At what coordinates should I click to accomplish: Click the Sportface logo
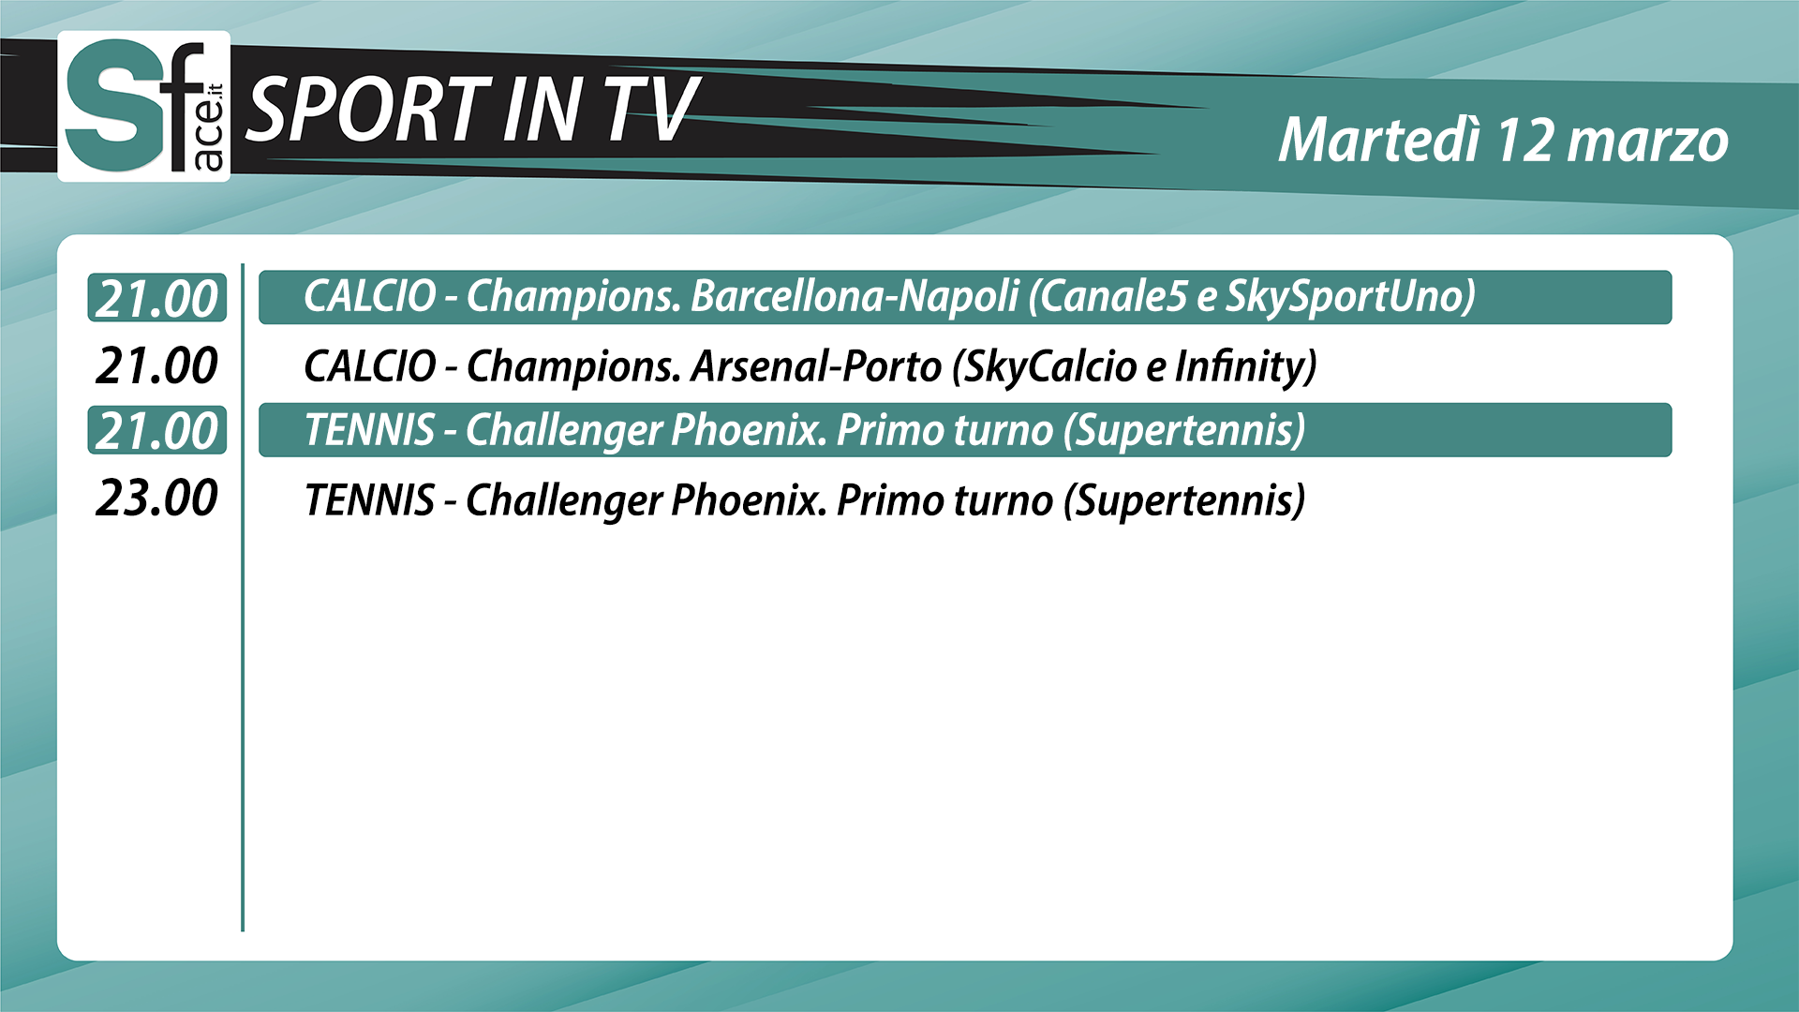(x=144, y=106)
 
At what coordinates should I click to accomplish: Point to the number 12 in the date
(x=1526, y=141)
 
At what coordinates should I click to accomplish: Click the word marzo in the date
(x=1648, y=142)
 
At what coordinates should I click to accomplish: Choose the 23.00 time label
(x=156, y=498)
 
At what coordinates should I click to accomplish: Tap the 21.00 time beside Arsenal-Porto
(x=156, y=365)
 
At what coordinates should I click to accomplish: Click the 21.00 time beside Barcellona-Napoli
(x=156, y=299)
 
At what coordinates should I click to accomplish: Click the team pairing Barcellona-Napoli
(x=855, y=296)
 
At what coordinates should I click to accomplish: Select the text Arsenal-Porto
(x=815, y=365)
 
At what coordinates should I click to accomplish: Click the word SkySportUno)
(x=1350, y=297)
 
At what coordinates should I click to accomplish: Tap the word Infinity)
(x=1245, y=366)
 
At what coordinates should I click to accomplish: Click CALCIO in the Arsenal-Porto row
(x=370, y=365)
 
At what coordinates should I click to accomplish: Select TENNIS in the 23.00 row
(x=369, y=499)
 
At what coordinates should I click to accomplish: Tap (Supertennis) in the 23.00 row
(x=1184, y=500)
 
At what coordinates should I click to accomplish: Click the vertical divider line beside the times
(x=243, y=597)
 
